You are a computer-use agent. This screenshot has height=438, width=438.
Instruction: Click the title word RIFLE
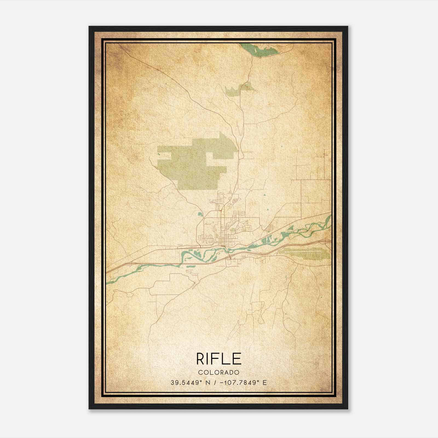point(219,359)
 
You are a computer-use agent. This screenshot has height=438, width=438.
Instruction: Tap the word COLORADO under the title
point(219,372)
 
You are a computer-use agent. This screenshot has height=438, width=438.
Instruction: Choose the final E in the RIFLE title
point(237,359)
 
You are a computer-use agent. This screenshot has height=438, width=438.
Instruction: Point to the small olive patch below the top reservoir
point(238,89)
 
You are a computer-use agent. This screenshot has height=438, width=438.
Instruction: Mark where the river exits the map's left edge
point(107,282)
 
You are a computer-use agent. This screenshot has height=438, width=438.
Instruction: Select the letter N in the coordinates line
point(208,383)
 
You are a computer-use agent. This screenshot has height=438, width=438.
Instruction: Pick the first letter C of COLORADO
point(200,372)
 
